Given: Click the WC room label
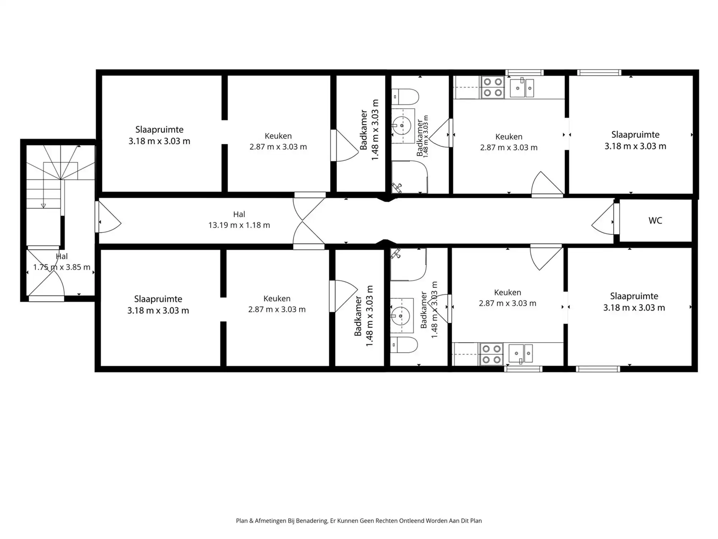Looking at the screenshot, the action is click(x=655, y=221).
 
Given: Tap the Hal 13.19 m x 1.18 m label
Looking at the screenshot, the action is click(x=239, y=220).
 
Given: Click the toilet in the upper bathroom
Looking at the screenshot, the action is click(x=405, y=97).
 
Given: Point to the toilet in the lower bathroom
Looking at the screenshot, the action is click(x=404, y=345).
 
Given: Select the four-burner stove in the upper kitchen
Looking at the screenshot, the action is click(x=493, y=87).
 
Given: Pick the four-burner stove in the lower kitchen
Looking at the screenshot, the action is click(x=491, y=354).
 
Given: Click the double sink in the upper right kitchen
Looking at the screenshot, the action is click(x=522, y=88).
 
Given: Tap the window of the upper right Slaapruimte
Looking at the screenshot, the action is click(x=599, y=73).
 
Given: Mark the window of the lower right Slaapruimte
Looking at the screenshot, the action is click(x=598, y=369).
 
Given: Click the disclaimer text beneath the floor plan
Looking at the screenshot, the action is click(x=359, y=521).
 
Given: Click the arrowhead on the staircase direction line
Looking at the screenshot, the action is click(x=43, y=206).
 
